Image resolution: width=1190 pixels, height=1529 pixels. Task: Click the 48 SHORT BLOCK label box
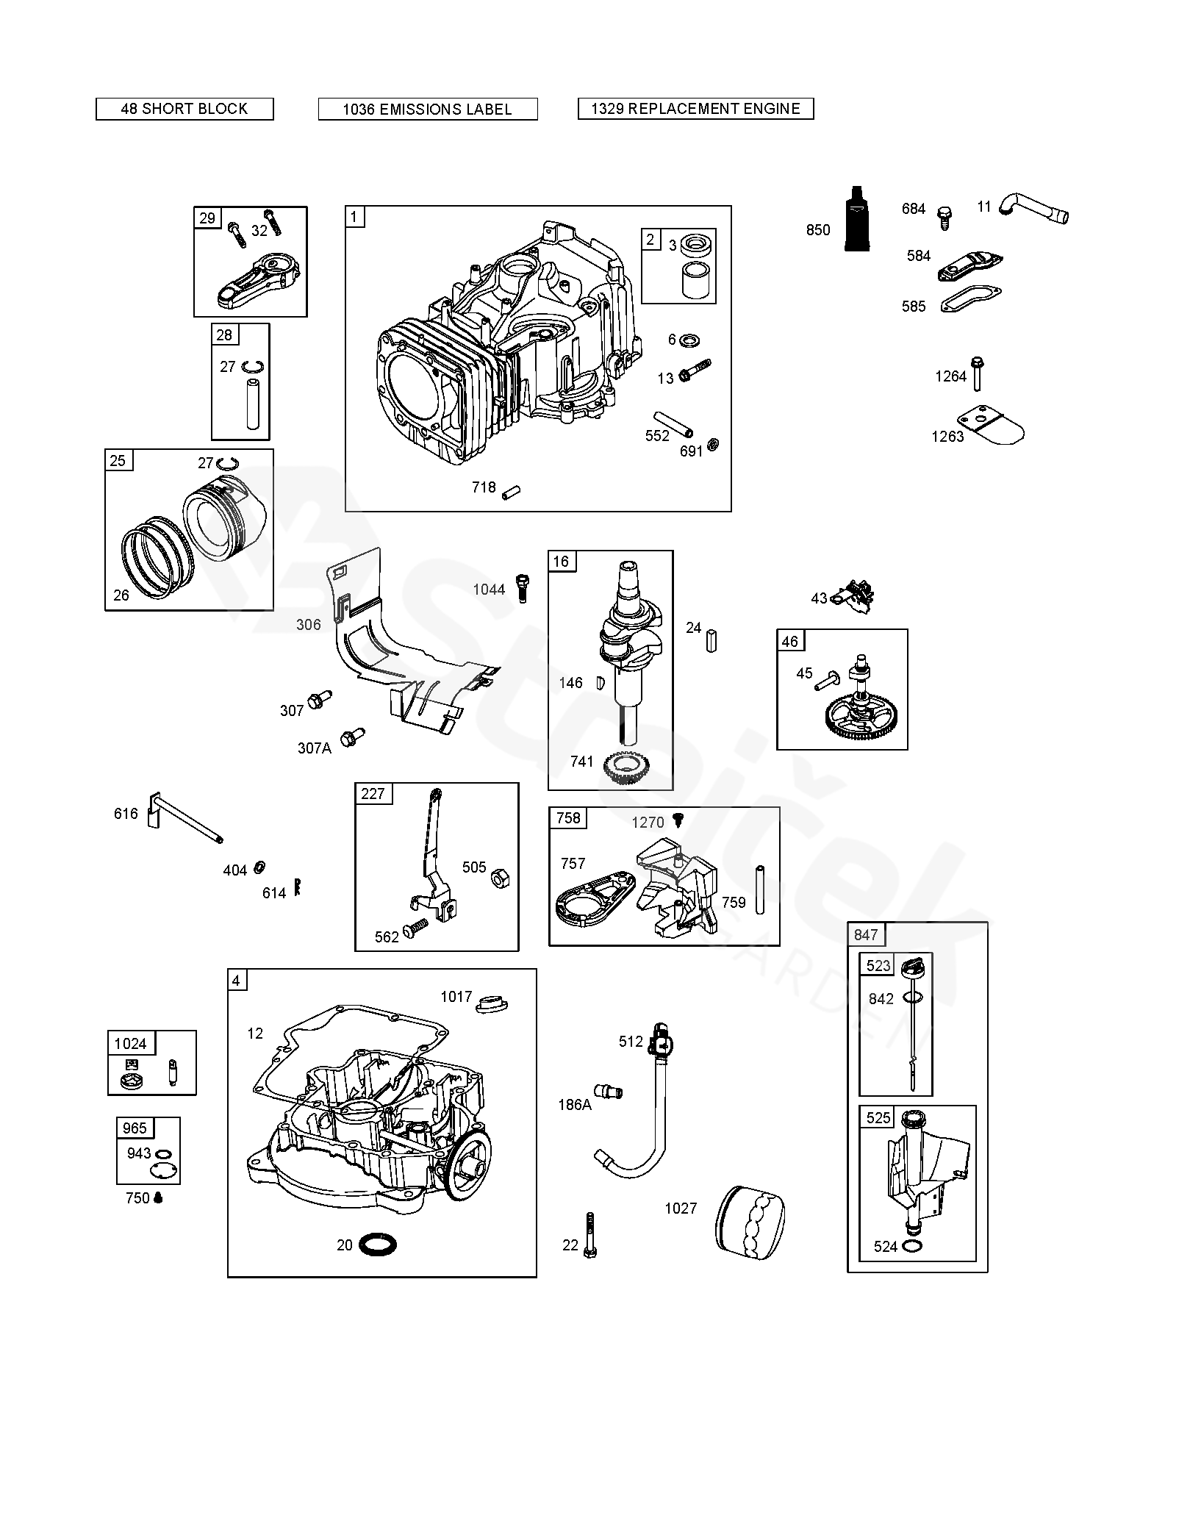[x=184, y=109]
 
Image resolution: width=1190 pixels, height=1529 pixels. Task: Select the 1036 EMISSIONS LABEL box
[x=428, y=110]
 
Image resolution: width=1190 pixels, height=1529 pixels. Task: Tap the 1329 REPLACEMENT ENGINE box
[x=696, y=109]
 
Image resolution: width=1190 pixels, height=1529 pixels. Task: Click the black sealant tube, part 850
[x=855, y=218]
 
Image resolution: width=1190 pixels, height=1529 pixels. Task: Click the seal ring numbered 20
[x=378, y=1245]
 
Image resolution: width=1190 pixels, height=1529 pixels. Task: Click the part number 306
[x=309, y=624]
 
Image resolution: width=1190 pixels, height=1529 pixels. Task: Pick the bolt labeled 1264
[x=978, y=373]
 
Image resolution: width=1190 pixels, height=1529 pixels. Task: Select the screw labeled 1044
[x=523, y=588]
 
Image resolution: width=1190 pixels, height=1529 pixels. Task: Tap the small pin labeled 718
[x=511, y=491]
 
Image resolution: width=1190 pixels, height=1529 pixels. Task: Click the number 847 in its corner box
[x=866, y=934]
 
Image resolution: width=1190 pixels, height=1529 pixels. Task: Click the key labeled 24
[x=711, y=640]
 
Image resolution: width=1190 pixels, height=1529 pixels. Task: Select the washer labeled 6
[x=689, y=340]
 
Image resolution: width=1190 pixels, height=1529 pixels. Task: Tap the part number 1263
[x=947, y=437]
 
